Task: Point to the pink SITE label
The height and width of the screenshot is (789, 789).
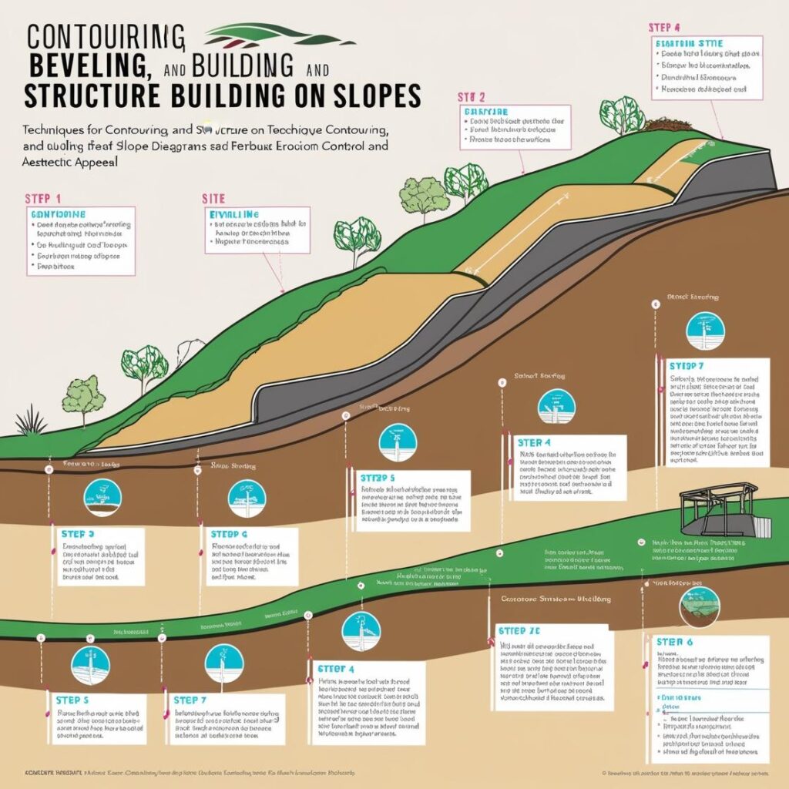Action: click(213, 198)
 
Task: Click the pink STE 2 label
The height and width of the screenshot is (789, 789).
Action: click(471, 97)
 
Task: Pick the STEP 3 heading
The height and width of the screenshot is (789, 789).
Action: click(77, 533)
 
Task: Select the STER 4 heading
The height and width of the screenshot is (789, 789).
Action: click(534, 443)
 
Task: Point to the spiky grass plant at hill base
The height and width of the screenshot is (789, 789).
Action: click(32, 421)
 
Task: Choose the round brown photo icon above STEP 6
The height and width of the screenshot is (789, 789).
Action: click(698, 606)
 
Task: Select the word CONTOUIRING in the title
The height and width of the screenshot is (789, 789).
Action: click(105, 36)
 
